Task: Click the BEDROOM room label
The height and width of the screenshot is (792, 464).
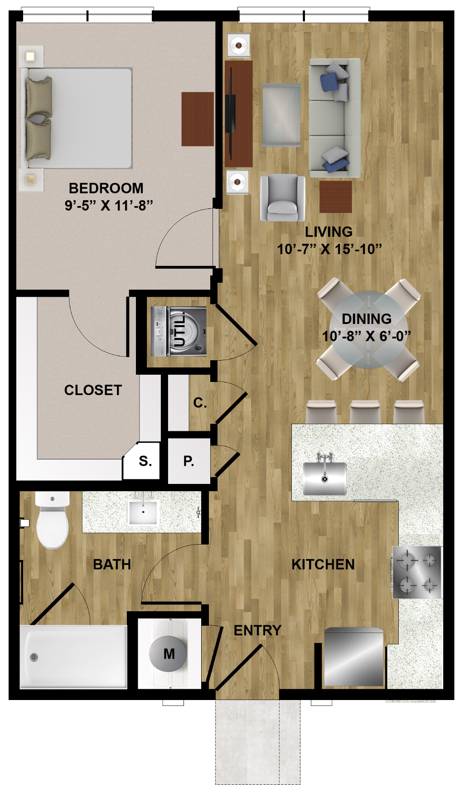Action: (106, 188)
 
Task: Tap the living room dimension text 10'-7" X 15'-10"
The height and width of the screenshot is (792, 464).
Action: (329, 249)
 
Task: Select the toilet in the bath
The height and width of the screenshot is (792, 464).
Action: (53, 520)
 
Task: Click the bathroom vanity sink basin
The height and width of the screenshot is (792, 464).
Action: (143, 512)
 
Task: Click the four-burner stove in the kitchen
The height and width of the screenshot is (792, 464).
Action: (417, 572)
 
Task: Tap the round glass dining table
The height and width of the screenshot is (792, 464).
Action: (368, 329)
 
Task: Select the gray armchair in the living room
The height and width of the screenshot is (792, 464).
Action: (282, 198)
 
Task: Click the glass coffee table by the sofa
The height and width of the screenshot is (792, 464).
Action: (281, 115)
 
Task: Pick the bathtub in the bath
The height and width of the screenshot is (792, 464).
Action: (73, 657)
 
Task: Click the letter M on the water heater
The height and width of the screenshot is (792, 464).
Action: (169, 654)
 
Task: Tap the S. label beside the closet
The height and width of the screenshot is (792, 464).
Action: (145, 461)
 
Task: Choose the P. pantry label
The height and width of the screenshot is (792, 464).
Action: (188, 461)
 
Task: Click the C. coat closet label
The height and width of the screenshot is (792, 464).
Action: (200, 403)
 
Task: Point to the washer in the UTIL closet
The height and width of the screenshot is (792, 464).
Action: (179, 331)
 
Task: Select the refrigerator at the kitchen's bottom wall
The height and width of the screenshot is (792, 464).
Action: (354, 657)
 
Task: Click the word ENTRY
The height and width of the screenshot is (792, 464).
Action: (257, 630)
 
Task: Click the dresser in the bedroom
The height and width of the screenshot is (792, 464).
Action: (198, 119)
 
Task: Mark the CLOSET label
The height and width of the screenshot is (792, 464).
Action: (93, 390)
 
